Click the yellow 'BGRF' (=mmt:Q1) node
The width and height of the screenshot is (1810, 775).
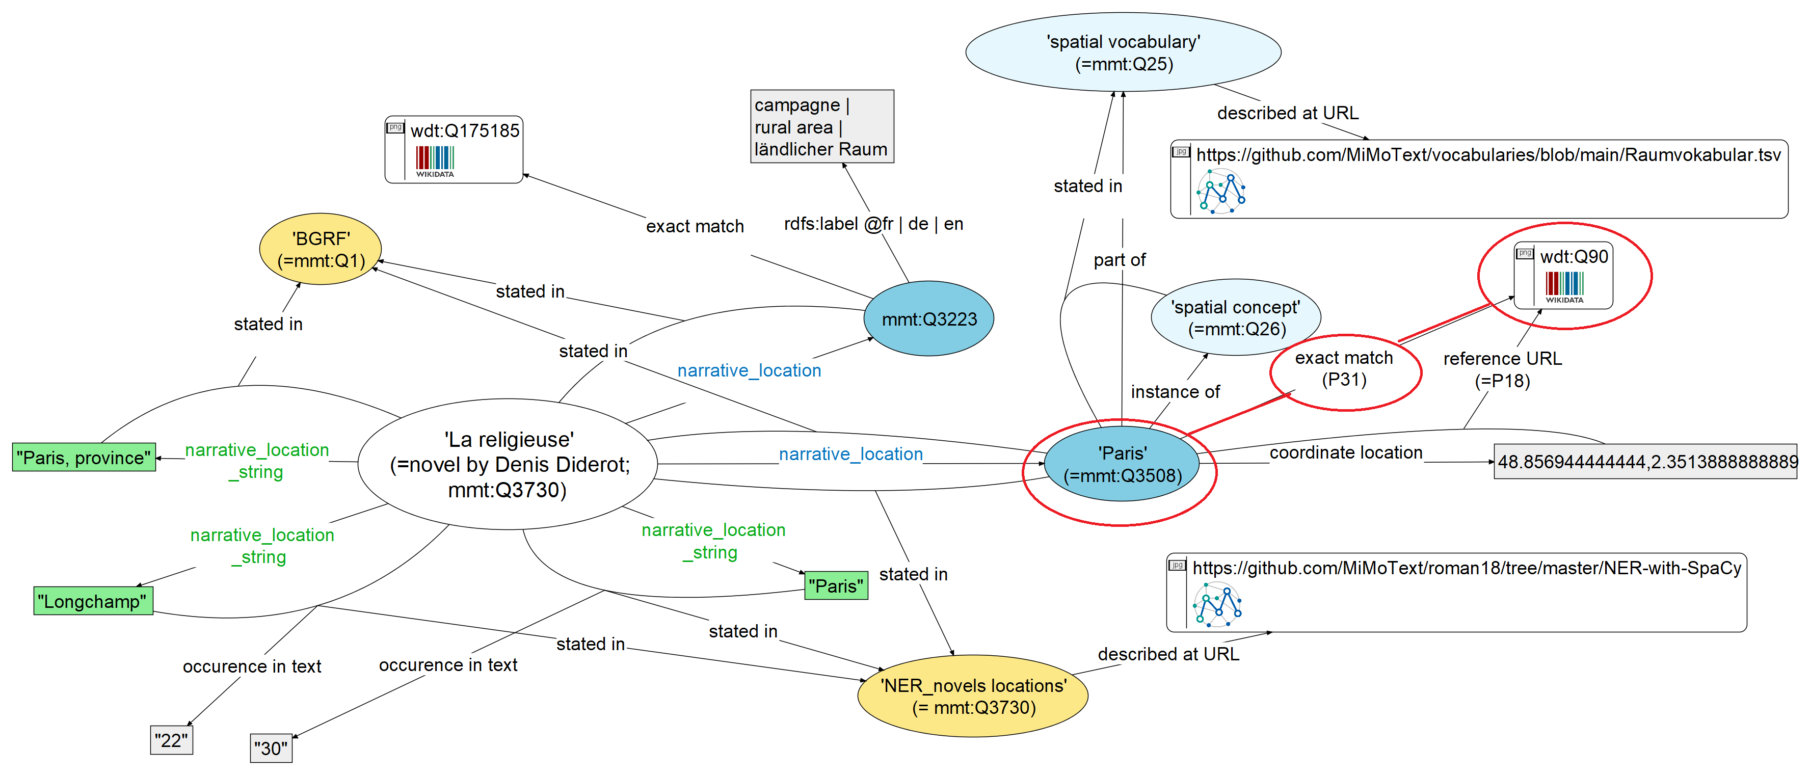pos(321,250)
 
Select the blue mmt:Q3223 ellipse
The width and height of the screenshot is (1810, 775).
pos(928,319)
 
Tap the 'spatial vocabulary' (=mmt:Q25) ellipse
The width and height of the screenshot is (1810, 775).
pos(1123,52)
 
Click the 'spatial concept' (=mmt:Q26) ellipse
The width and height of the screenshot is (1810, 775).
pos(1235,317)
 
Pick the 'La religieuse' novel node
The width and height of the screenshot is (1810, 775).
pos(508,464)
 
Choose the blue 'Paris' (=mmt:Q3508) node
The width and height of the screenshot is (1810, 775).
pos(1122,464)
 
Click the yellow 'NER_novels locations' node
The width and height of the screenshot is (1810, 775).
pos(973,697)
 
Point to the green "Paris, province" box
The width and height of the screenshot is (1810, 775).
pos(84,458)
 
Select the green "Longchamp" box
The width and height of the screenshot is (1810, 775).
pos(93,601)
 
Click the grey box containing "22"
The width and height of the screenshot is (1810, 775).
pos(171,740)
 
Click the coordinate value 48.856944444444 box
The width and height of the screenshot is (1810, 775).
pos(1645,462)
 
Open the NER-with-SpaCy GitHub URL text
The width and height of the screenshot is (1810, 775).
pos(1467,568)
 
